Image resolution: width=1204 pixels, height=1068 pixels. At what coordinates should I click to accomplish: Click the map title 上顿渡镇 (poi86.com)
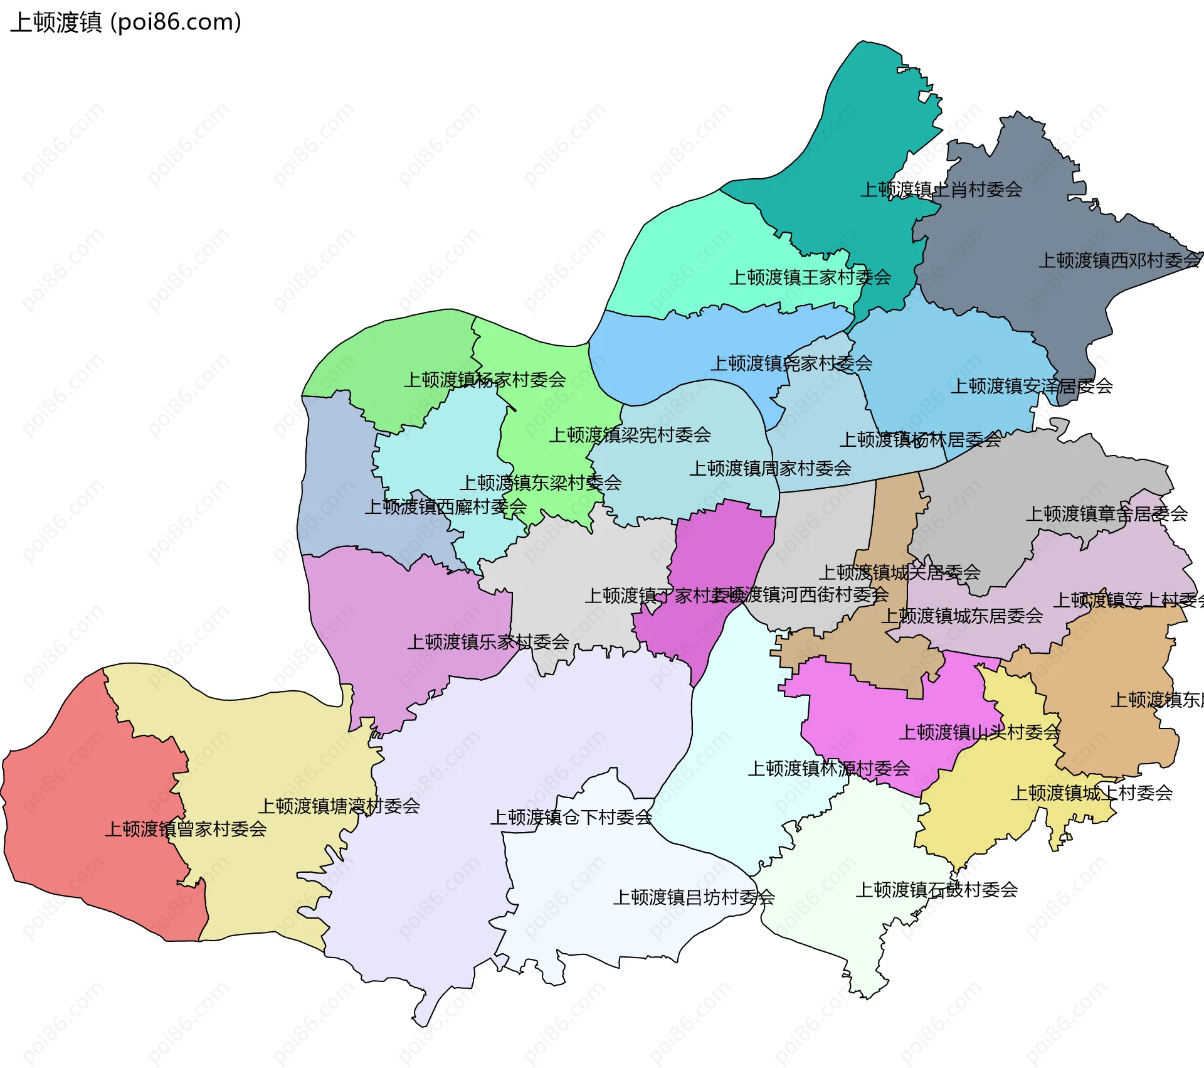(125, 23)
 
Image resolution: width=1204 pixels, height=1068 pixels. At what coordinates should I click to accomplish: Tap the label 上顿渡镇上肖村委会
(941, 190)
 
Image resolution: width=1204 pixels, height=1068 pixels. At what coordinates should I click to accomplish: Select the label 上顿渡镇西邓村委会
(1120, 260)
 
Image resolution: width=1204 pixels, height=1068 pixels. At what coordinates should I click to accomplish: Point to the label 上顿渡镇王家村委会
(810, 277)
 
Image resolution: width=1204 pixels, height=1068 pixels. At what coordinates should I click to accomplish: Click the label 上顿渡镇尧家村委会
(791, 363)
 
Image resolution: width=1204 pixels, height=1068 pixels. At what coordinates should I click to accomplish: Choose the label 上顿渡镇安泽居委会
(1032, 387)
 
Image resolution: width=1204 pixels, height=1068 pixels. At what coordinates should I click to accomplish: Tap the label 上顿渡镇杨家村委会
(484, 380)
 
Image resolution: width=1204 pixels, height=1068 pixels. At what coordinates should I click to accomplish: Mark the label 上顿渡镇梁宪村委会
(630, 435)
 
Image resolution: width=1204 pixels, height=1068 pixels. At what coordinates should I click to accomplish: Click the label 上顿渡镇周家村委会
(770, 468)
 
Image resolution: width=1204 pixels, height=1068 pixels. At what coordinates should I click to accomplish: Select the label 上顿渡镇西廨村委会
(445, 507)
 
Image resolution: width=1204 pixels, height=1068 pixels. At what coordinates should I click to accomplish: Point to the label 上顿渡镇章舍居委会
(1106, 514)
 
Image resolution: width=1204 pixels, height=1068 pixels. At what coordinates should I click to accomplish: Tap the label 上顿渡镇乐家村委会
(488, 642)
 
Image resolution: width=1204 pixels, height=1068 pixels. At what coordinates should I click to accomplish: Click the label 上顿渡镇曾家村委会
(186, 830)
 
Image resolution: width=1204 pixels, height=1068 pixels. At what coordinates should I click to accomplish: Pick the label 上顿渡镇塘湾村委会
(339, 806)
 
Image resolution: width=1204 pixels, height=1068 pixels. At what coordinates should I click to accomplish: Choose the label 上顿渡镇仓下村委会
(571, 818)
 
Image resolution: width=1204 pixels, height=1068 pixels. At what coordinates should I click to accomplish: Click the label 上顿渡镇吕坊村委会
(694, 897)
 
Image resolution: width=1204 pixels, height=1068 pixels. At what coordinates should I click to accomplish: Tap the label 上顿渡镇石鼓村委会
(936, 890)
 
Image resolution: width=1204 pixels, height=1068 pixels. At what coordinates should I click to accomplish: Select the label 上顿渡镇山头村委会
(980, 732)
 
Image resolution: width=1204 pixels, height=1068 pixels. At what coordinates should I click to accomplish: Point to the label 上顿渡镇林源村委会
(828, 769)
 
